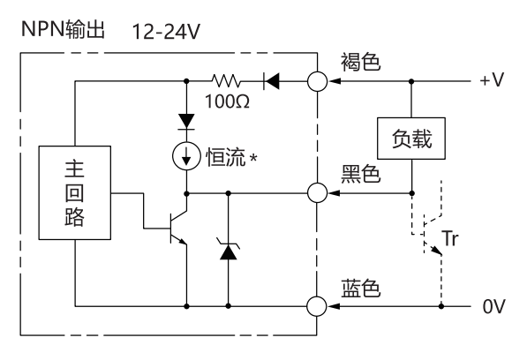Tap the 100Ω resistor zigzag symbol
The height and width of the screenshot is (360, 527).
pos(226,81)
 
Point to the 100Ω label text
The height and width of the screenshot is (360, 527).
pos(227,101)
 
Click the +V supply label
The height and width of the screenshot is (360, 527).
pos(492,80)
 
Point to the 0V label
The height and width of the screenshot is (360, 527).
pos(493,306)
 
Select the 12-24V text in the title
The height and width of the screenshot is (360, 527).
pos(166,32)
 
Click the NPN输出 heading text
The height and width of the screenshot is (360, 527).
pos(64,29)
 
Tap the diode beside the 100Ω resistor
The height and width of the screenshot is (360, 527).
pos(272,81)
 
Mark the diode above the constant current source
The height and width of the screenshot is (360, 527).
pos(186,122)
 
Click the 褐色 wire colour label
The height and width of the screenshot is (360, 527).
pos(361,62)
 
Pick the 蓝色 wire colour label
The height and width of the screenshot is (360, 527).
pos(361,289)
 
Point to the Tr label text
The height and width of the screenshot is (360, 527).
pos(450,238)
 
